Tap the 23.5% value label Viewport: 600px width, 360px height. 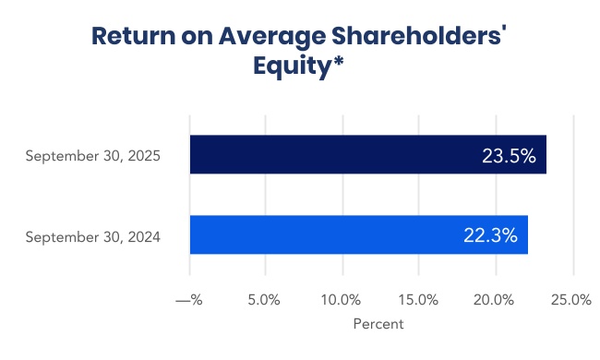pos(509,156)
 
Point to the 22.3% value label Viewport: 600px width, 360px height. pos(490,236)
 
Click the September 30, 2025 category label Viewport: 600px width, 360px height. pos(93,156)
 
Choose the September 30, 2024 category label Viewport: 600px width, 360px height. pos(93,237)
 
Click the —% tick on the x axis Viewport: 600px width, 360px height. pos(189,300)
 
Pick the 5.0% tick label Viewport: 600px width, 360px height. pos(266,300)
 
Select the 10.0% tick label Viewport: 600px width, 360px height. pos(342,300)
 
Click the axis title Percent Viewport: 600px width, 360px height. pos(378,324)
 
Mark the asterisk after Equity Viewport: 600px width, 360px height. pos(342,63)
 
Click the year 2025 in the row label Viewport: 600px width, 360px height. pos(145,156)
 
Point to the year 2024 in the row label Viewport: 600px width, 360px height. pos(145,237)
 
